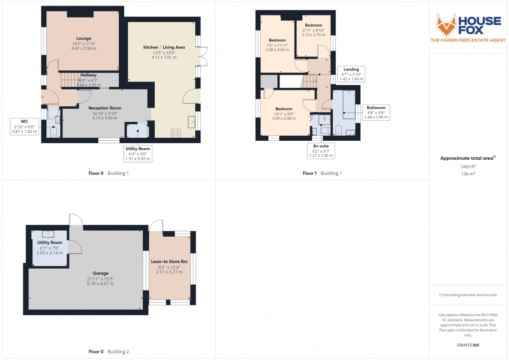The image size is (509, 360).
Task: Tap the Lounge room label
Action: tap(84, 38)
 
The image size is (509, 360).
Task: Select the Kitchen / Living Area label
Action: tap(164, 47)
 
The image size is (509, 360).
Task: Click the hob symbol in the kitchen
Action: tap(176, 132)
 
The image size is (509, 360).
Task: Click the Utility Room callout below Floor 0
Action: tap(138, 154)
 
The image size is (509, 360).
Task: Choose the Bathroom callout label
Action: tap(376, 112)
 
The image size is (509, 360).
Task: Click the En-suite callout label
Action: tap(321, 151)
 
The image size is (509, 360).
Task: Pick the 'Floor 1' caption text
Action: tap(309, 173)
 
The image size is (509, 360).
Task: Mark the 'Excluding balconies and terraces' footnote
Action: tap(468, 295)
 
